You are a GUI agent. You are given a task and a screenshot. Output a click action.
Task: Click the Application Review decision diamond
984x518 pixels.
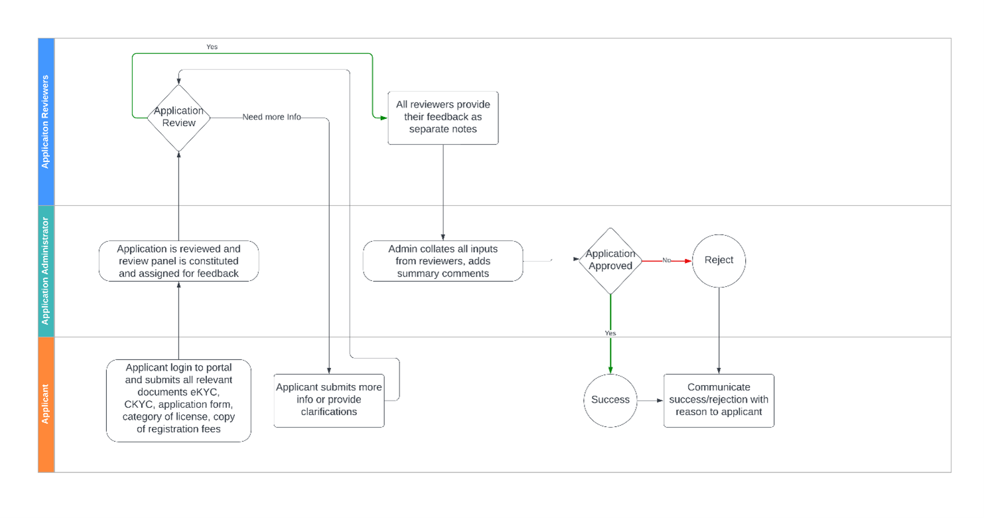(x=178, y=118)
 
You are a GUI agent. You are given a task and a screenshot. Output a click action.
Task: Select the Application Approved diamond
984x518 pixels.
(x=610, y=260)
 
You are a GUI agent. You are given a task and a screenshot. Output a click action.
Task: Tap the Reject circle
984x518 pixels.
(x=719, y=260)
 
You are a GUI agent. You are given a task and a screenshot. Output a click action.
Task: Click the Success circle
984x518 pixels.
(x=610, y=400)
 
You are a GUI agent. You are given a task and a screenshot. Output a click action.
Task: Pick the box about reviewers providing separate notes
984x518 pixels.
(x=443, y=118)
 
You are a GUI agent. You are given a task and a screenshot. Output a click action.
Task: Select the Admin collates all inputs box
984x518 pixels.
(x=443, y=261)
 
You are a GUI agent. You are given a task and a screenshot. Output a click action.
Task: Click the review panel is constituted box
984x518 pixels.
(x=178, y=261)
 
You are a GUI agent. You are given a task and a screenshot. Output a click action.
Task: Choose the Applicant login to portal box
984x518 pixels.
(x=178, y=400)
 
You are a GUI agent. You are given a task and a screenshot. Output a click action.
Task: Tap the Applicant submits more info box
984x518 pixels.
(x=328, y=400)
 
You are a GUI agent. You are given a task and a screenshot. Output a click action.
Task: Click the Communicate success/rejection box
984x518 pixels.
(x=719, y=400)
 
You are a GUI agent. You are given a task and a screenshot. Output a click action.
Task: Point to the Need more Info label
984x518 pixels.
(x=271, y=118)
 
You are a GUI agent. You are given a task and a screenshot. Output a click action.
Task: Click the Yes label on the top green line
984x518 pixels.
(x=212, y=47)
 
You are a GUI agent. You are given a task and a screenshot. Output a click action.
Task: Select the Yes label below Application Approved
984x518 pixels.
(x=610, y=333)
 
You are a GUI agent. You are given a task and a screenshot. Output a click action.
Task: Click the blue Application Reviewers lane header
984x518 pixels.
(x=46, y=122)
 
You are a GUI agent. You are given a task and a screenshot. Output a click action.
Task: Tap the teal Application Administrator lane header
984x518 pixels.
(x=46, y=271)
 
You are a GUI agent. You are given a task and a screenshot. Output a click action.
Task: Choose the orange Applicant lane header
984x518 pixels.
(x=46, y=404)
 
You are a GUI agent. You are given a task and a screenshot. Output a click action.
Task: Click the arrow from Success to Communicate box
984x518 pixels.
(x=650, y=400)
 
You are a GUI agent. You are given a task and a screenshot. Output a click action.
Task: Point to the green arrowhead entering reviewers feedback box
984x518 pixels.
(x=382, y=118)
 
